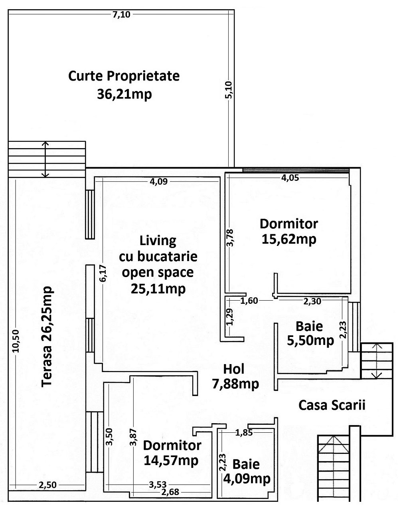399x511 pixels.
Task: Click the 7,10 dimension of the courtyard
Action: tap(121, 15)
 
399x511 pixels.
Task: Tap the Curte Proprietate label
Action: tap(124, 76)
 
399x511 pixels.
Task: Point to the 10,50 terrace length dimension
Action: tap(16, 341)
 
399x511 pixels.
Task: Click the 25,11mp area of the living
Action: tap(158, 289)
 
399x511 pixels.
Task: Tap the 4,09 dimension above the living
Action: tap(159, 182)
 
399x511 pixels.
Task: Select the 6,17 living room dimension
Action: tap(103, 273)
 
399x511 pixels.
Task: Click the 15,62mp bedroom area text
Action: tap(289, 239)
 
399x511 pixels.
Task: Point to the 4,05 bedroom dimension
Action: tap(290, 178)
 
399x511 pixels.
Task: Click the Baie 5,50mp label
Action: tap(310, 333)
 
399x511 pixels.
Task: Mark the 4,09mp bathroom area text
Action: tap(247, 478)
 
